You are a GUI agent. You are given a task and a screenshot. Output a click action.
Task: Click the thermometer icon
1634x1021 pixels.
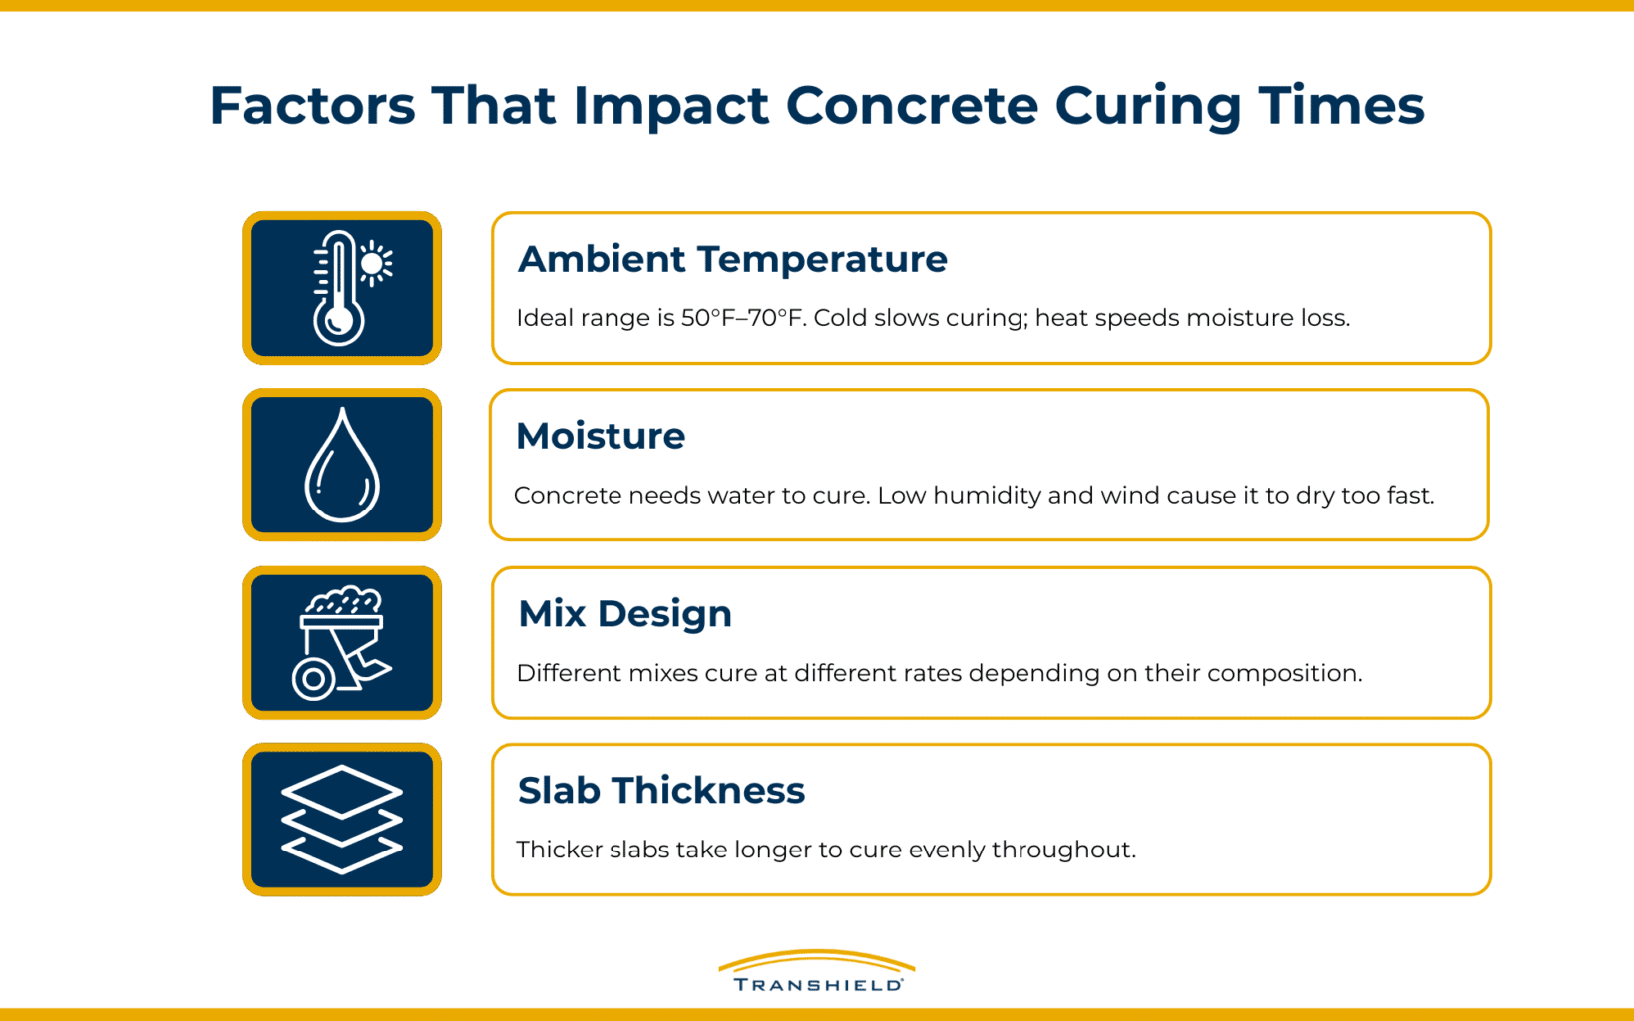(339, 288)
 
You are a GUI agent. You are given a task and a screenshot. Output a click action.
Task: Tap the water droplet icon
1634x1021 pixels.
(342, 466)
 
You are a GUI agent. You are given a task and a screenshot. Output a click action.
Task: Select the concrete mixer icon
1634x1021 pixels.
(342, 643)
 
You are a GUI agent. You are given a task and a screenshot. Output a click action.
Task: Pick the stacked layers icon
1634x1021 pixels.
(342, 820)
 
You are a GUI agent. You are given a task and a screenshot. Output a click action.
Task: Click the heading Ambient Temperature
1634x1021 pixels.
(732, 259)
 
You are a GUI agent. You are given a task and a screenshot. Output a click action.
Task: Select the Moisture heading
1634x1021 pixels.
(601, 436)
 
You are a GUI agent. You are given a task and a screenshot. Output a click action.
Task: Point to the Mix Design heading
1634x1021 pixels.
(624, 613)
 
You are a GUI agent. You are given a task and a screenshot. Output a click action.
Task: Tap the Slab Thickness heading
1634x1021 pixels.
(660, 790)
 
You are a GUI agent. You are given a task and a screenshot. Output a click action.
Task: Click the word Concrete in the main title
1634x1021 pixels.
(912, 105)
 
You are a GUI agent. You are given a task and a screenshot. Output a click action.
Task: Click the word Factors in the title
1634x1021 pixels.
(312, 105)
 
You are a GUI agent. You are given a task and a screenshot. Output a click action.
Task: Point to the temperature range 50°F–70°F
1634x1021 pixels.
(743, 318)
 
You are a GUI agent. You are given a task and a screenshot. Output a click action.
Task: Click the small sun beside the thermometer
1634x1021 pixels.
(375, 264)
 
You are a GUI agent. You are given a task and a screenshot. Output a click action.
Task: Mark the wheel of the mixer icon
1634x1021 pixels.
(314, 679)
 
